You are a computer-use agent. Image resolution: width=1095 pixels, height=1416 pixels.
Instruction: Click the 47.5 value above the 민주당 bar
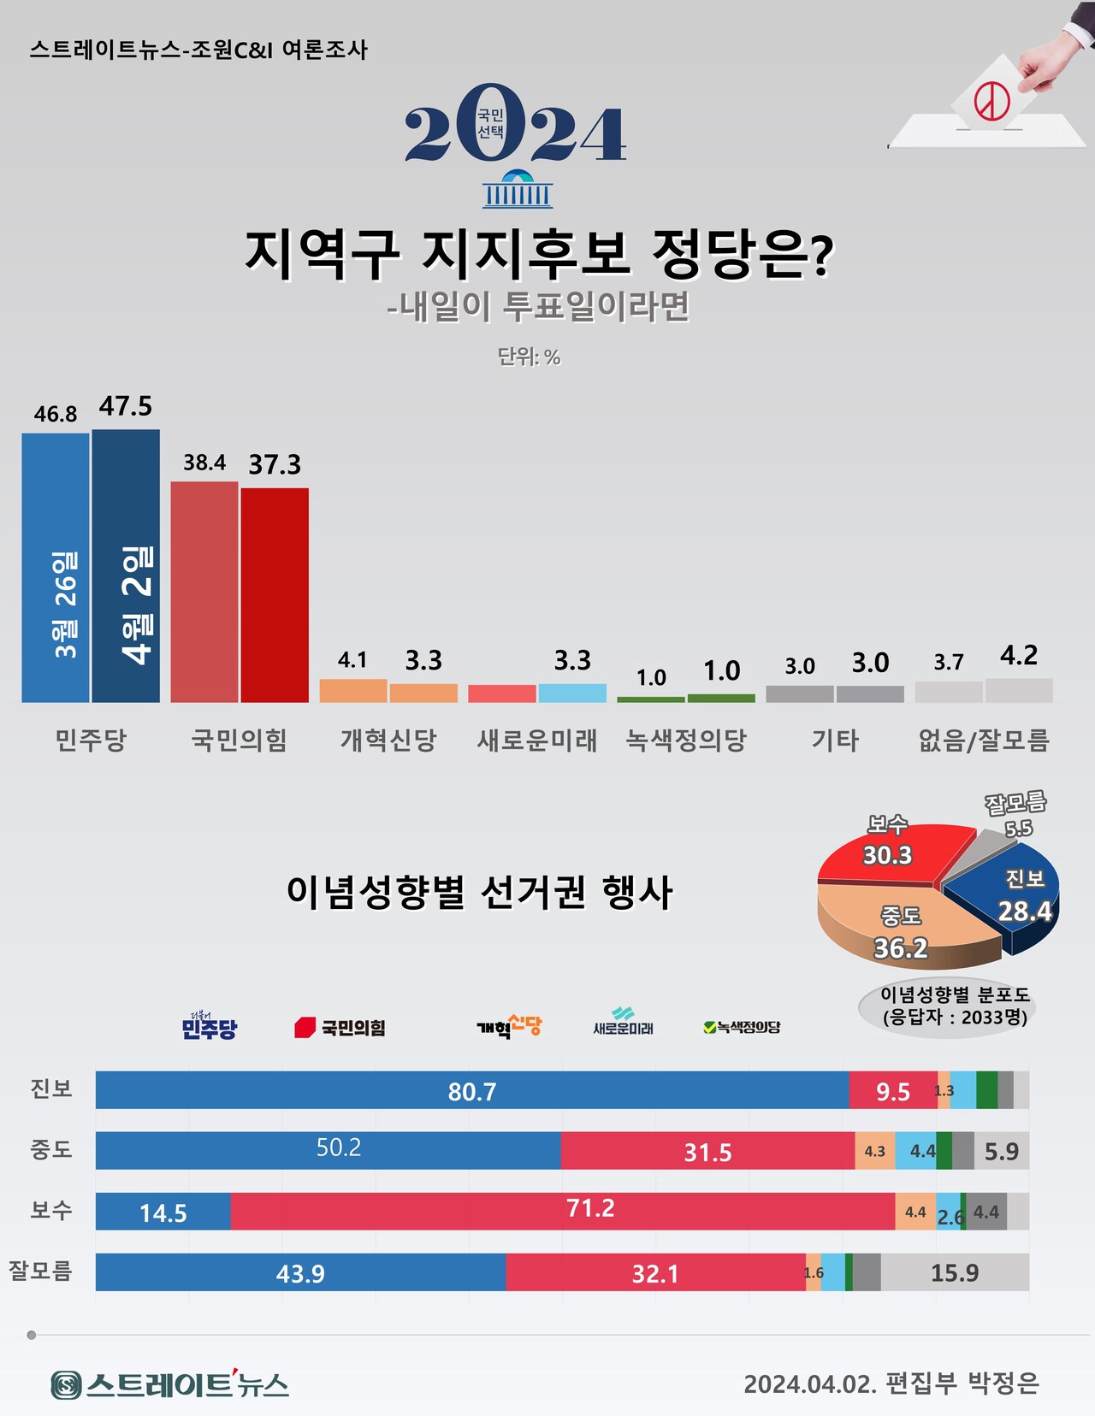pos(126,406)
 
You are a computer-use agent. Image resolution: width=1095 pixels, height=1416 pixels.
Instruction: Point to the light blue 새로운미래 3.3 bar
pos(572,693)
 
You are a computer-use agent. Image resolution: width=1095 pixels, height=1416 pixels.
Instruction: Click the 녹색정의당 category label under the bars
pos(686,740)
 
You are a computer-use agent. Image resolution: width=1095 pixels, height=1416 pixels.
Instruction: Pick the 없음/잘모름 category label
pos(984,740)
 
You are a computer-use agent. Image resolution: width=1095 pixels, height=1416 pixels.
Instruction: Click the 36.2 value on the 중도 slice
pos(900,947)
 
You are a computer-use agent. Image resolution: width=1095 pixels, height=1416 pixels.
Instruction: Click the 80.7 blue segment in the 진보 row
pos(472,1091)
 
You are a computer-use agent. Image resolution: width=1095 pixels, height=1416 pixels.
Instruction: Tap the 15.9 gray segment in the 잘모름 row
pos(955,1272)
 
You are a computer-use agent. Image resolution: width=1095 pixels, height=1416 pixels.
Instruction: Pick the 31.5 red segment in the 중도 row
pos(707,1151)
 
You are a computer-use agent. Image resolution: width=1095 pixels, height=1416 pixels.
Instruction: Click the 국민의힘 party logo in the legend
pos(340,1027)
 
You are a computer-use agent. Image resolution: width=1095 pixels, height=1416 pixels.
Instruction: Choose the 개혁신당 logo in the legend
pos(509,1026)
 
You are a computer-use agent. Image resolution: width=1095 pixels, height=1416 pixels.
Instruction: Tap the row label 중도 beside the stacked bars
pos(51,1150)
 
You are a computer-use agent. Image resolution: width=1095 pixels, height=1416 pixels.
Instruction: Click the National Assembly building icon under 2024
pos(518,190)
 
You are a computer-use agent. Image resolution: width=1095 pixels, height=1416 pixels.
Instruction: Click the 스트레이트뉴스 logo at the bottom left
pos(169,1384)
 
